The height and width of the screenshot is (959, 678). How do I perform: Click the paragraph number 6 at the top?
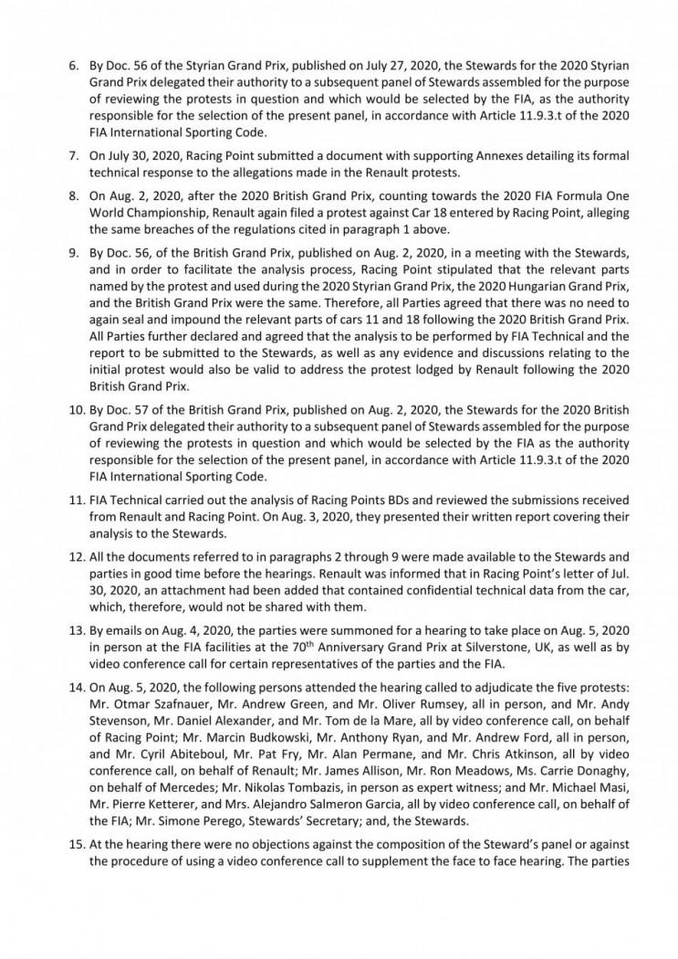(x=75, y=68)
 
